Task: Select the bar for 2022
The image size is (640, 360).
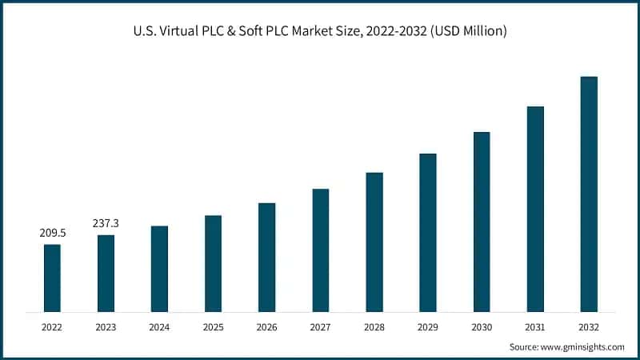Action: (52, 278)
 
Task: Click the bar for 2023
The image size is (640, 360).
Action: (106, 273)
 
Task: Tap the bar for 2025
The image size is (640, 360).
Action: (213, 263)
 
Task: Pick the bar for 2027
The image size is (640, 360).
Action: (320, 250)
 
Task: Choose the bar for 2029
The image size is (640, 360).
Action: (428, 232)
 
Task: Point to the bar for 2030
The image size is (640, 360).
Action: (482, 222)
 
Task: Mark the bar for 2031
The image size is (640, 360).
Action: (535, 209)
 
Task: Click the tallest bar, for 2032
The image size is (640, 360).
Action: (589, 194)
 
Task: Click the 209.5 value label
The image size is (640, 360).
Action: (52, 233)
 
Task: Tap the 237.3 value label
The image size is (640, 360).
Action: (106, 223)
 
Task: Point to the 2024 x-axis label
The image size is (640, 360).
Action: (159, 326)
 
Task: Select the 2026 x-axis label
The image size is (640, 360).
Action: (266, 326)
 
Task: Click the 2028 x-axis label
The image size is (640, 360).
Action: (374, 326)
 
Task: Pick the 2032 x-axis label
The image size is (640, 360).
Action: (589, 326)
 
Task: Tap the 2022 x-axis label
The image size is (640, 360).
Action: (52, 326)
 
